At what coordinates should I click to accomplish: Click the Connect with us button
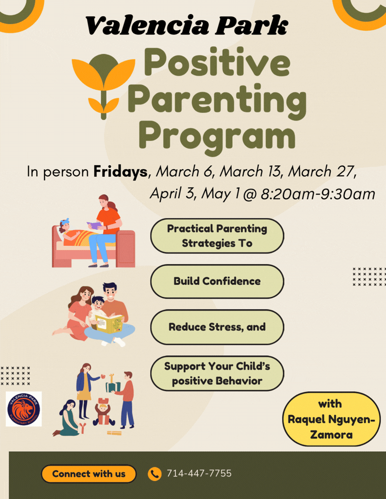pos(89,474)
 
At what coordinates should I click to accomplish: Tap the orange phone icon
pos(155,474)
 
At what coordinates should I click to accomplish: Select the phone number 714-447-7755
pos(199,473)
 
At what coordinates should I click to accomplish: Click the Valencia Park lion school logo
pos(24,409)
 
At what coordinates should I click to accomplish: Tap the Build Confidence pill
pos(217,281)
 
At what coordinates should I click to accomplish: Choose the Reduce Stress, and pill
pos(217,327)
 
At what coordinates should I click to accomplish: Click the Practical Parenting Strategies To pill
pos(217,236)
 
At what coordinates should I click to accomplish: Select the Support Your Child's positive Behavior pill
pos(217,373)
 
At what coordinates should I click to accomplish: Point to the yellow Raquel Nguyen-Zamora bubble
pos(331,419)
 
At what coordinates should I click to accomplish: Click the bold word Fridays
pos(120,172)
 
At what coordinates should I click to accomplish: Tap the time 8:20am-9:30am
pos(318,194)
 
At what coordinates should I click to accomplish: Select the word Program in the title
pos(217,138)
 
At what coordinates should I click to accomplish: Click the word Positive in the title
pos(217,62)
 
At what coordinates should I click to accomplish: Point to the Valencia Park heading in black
pos(187,26)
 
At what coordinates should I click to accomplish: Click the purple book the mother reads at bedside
pos(95,225)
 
